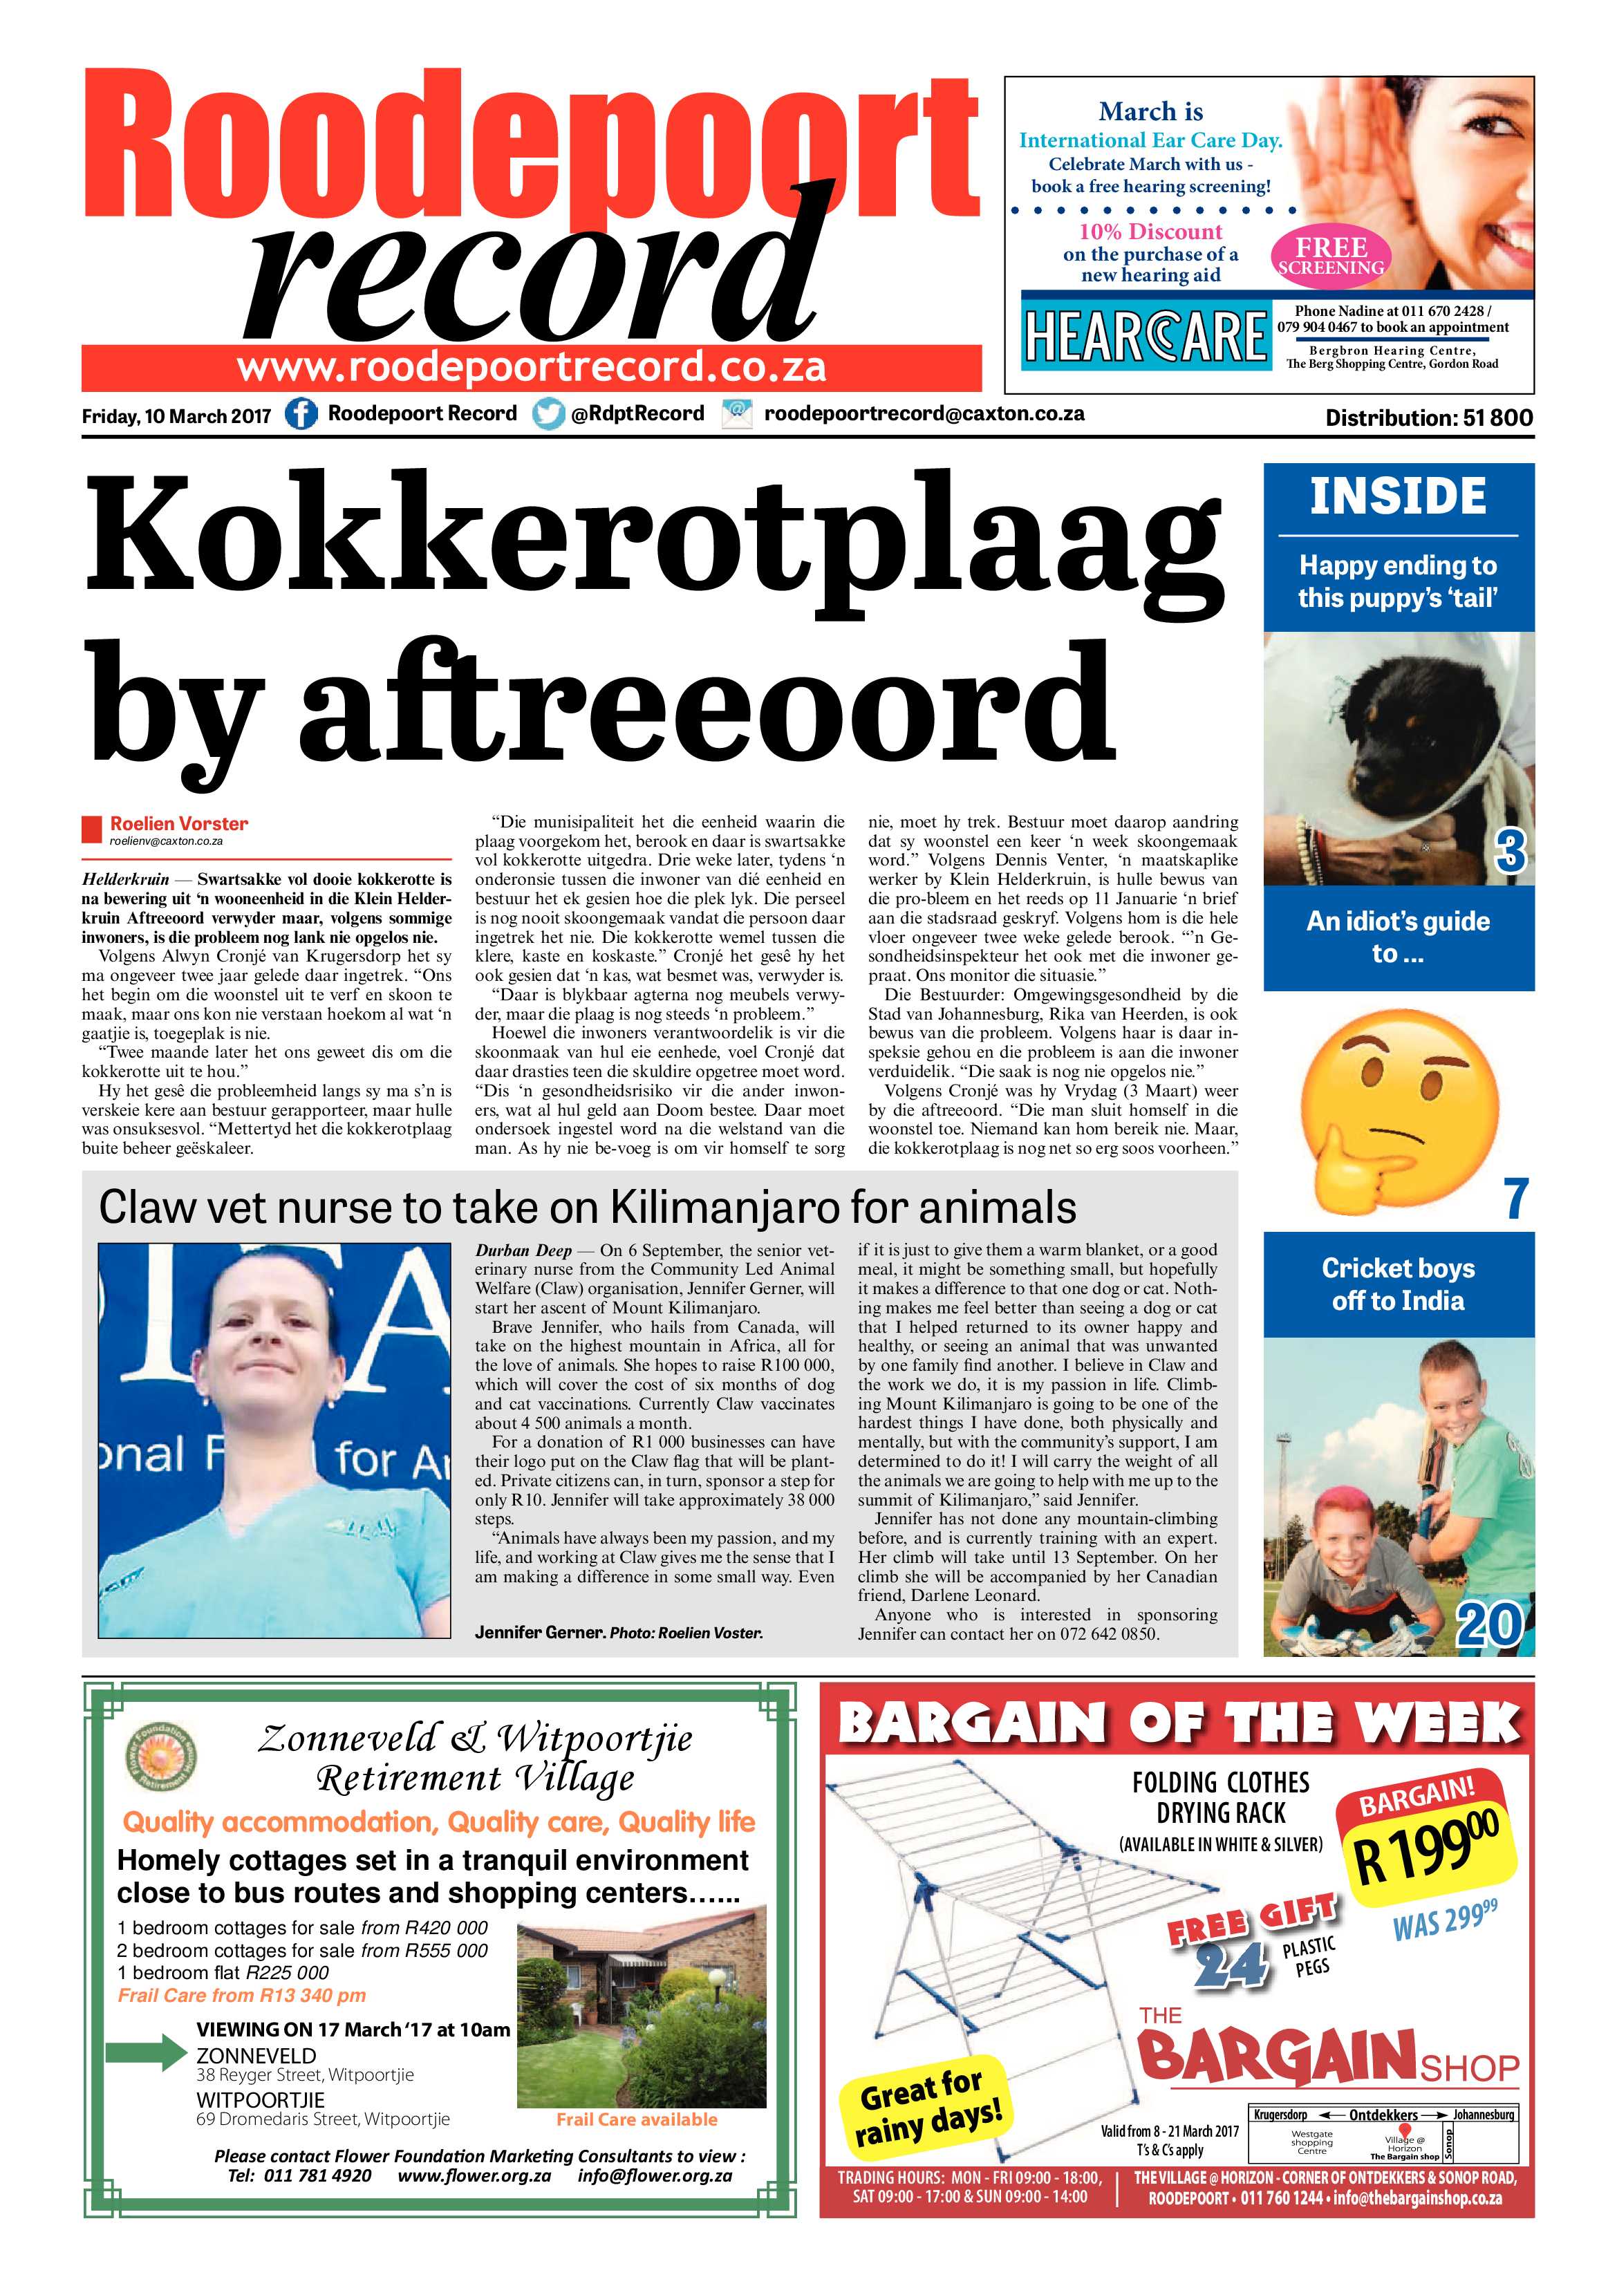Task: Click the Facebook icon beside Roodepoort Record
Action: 301,414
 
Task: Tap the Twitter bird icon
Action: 548,414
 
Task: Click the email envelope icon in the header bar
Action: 737,414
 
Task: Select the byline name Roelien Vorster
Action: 179,823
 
